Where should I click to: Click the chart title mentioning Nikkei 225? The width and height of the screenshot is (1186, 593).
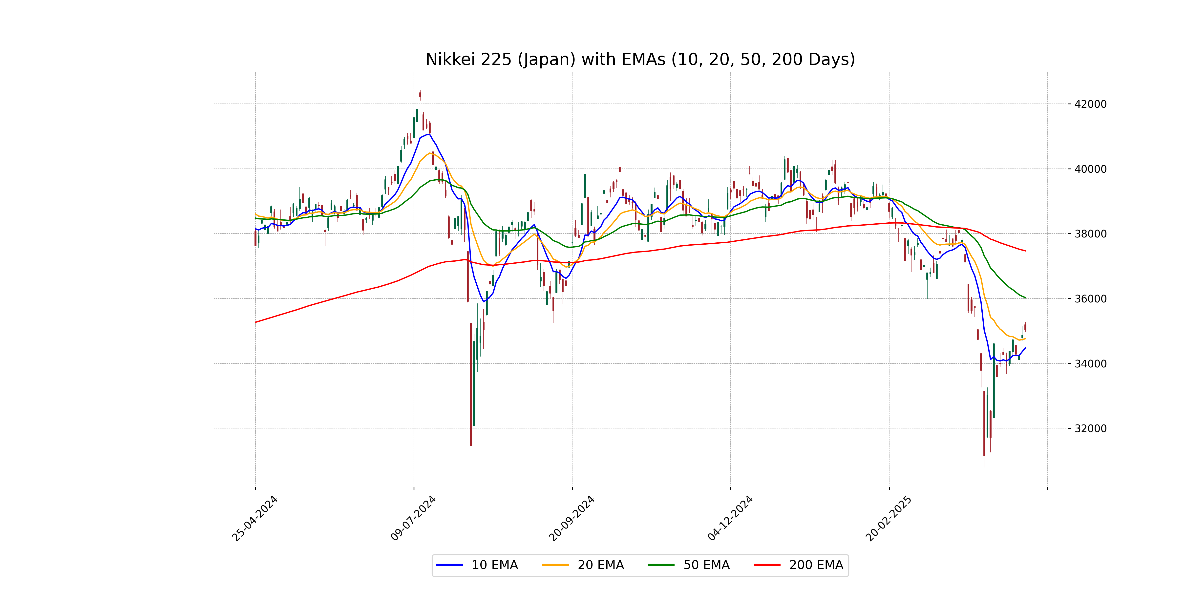coord(640,59)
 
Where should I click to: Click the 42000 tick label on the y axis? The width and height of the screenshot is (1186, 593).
coord(1090,104)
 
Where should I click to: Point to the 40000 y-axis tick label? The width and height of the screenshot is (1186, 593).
coord(1090,169)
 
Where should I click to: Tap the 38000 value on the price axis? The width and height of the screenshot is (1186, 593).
coord(1090,234)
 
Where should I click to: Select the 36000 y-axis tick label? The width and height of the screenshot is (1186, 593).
coord(1090,299)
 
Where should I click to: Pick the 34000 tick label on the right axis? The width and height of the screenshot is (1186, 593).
coord(1090,364)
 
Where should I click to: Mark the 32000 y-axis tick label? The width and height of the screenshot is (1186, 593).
coord(1090,429)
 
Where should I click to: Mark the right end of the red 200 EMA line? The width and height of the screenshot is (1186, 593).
coord(1025,251)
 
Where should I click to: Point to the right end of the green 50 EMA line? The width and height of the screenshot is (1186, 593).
coord(1025,298)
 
